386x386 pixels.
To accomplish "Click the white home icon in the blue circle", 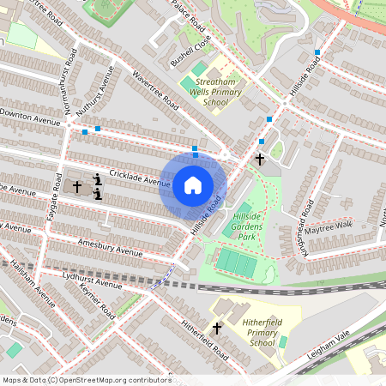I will (x=192, y=185).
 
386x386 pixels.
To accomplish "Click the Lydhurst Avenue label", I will (x=93, y=280).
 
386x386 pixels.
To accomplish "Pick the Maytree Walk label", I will (x=329, y=226).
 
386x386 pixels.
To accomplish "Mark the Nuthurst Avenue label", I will (x=94, y=93).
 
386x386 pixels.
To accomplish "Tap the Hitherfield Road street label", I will (x=204, y=339).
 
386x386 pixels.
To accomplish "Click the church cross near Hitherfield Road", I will (x=217, y=328).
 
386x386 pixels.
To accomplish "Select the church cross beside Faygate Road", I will (x=76, y=186).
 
